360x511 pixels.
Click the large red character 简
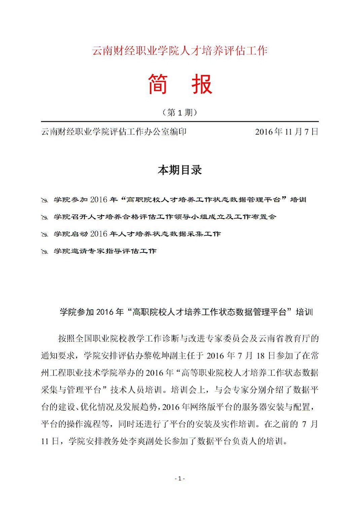[x=158, y=84]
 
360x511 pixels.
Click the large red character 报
[x=202, y=84]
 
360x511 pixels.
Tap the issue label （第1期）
[x=180, y=112]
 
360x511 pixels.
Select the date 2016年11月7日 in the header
[x=286, y=132]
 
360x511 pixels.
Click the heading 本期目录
[x=180, y=170]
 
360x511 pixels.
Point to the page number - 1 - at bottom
[x=180, y=478]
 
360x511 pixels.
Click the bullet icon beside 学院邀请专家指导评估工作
[x=44, y=251]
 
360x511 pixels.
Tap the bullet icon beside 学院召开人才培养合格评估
[x=44, y=217]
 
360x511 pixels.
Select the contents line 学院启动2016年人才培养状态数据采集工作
[x=137, y=234]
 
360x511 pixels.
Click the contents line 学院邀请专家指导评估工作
[x=105, y=251]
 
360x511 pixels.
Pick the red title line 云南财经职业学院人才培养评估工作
[x=180, y=51]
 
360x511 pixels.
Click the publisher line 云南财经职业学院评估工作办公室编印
[x=114, y=132]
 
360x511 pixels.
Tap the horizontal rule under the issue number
[x=180, y=121]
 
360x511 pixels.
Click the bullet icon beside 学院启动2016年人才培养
[x=44, y=234]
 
